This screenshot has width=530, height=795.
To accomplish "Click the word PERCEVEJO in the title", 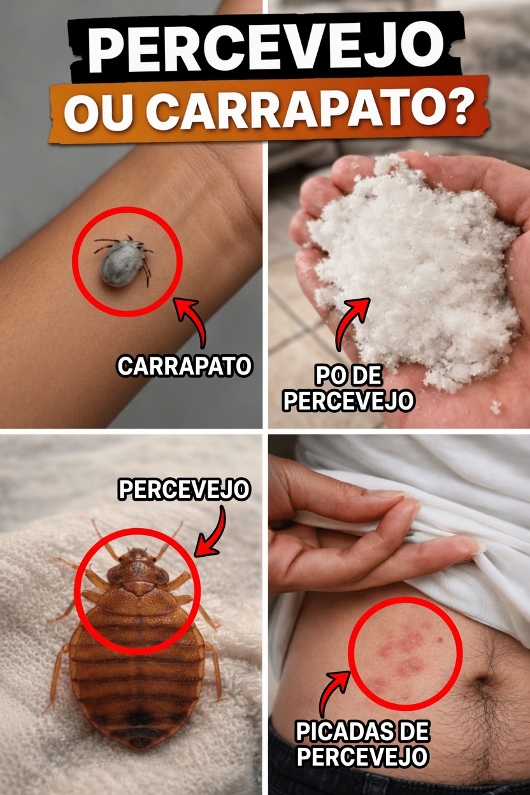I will click(x=264, y=50).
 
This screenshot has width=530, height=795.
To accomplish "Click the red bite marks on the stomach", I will click(x=401, y=650).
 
